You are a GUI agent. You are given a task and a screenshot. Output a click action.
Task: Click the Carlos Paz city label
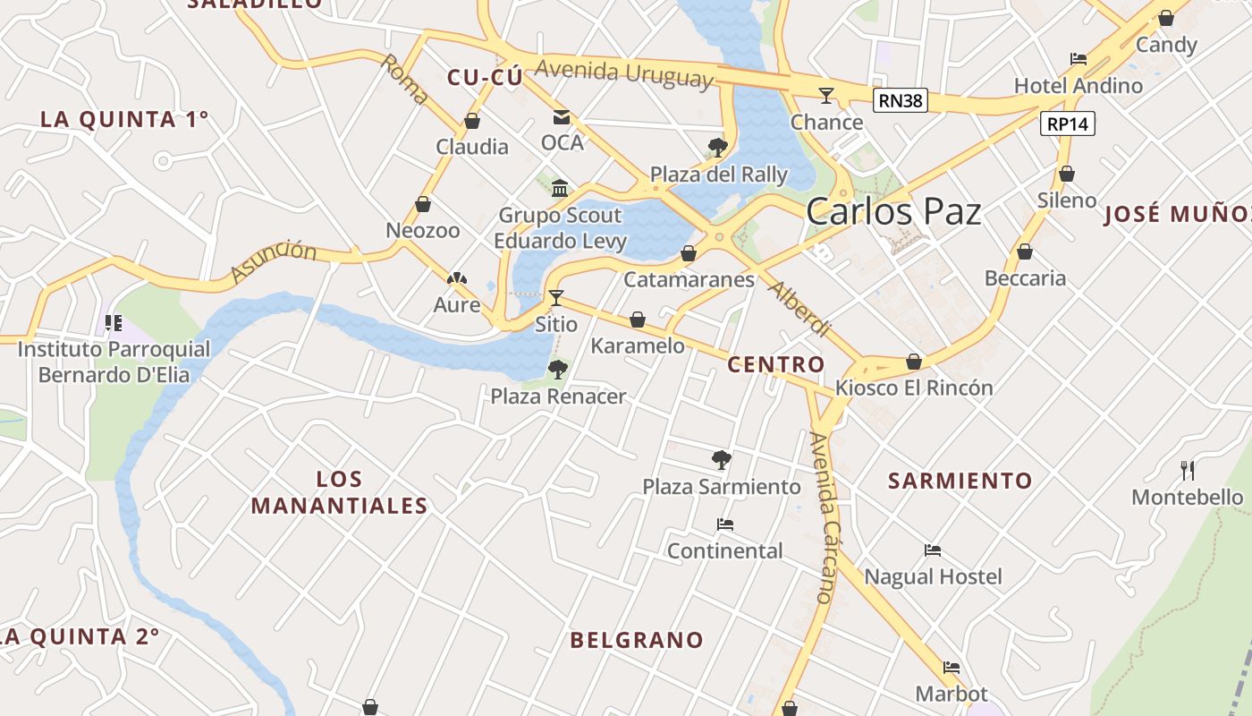(x=893, y=212)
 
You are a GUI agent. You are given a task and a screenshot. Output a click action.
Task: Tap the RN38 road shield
(x=900, y=100)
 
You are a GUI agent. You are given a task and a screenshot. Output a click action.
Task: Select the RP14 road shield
(x=1068, y=124)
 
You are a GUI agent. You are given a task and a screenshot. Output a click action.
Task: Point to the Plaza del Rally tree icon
(x=717, y=147)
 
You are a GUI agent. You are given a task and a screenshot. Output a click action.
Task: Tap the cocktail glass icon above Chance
(x=826, y=95)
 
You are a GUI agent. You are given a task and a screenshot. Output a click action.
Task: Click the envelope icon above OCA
(x=562, y=116)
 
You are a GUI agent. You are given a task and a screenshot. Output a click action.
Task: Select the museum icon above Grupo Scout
(x=560, y=188)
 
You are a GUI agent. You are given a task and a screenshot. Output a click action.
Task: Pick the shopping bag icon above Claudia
(x=472, y=121)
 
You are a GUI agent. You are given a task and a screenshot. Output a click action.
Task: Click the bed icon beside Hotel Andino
(x=1079, y=59)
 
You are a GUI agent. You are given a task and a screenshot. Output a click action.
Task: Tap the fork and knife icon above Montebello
(x=1188, y=470)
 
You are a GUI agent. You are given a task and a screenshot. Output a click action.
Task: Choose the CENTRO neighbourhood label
(x=776, y=364)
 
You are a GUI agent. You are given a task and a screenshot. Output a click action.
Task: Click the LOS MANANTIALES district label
(x=339, y=492)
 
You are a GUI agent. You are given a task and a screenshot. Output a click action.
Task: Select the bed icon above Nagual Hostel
(x=933, y=550)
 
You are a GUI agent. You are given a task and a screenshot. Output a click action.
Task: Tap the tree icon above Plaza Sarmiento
(x=722, y=460)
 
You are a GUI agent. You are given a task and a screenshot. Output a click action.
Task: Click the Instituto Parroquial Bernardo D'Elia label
(x=114, y=362)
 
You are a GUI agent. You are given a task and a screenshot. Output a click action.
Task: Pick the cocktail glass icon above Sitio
(x=556, y=297)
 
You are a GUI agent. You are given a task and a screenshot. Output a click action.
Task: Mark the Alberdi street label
(x=799, y=309)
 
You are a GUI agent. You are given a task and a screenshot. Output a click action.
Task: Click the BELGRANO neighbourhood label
(x=637, y=640)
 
